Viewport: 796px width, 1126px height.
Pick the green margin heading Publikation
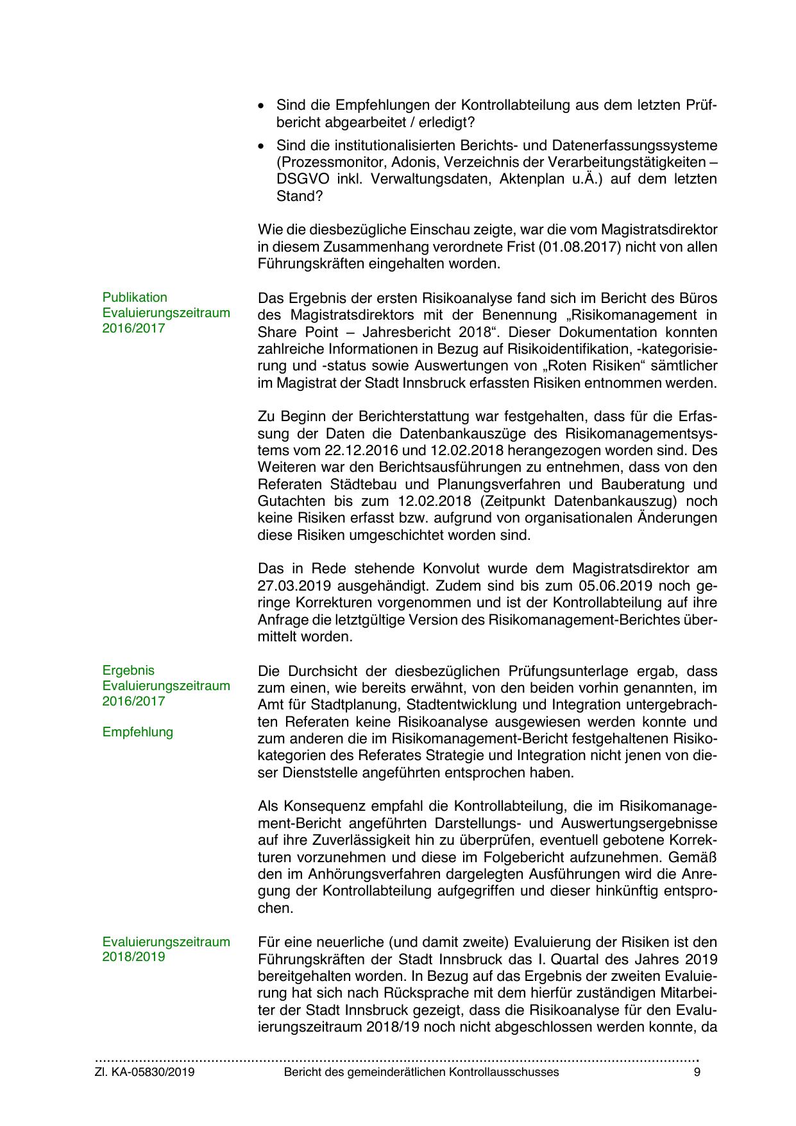pyautogui.click(x=135, y=297)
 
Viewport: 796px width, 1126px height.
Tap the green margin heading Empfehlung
pyautogui.click(x=138, y=732)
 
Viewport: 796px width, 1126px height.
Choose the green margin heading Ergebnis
pyautogui.click(x=128, y=670)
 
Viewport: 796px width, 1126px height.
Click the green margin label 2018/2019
pyautogui.click(x=133, y=957)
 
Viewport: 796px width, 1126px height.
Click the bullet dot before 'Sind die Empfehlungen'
pyautogui.click(x=261, y=105)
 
